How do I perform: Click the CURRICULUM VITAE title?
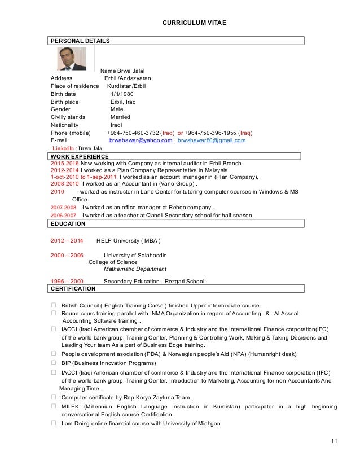click(194, 23)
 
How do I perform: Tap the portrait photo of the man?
click(72, 59)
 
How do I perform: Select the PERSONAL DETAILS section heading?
click(80, 41)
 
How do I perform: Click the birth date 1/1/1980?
click(122, 94)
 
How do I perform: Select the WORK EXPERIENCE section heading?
click(80, 156)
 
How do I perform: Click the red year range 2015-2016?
click(65, 163)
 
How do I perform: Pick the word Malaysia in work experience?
click(214, 170)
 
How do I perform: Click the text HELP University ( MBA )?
click(131, 240)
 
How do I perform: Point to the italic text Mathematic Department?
click(135, 269)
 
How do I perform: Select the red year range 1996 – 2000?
click(67, 281)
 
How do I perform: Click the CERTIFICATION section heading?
click(73, 289)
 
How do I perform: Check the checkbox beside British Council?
click(54, 305)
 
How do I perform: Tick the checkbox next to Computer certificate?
click(54, 398)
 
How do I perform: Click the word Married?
click(120, 117)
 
